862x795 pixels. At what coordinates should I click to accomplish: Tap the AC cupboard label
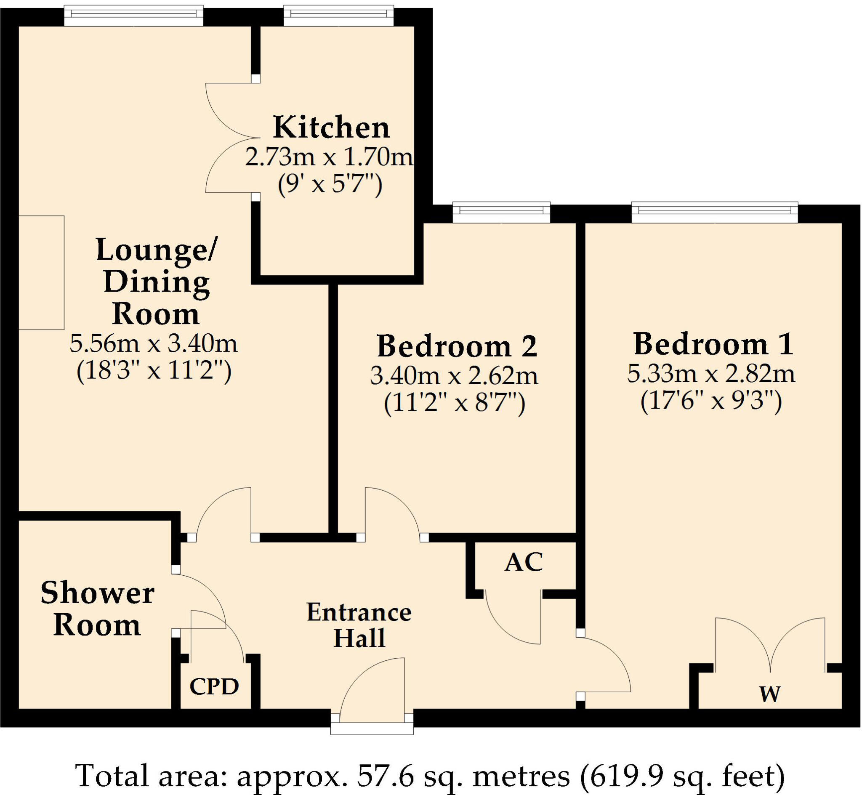524,562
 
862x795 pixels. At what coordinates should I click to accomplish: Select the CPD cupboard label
214,687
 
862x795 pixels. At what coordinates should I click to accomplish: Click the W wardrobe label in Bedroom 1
769,694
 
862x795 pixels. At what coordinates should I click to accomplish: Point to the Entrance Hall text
359,625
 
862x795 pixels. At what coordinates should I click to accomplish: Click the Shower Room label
97,609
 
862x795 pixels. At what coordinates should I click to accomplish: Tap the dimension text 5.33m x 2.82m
710,373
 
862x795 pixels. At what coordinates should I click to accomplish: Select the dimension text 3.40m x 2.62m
454,376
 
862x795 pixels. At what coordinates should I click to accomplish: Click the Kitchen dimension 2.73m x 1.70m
329,157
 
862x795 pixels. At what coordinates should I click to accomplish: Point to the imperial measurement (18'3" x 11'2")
154,370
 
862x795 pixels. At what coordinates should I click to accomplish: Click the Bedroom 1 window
714,212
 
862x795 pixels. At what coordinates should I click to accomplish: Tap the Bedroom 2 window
501,212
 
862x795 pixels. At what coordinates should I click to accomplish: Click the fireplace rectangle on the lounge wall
41,273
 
